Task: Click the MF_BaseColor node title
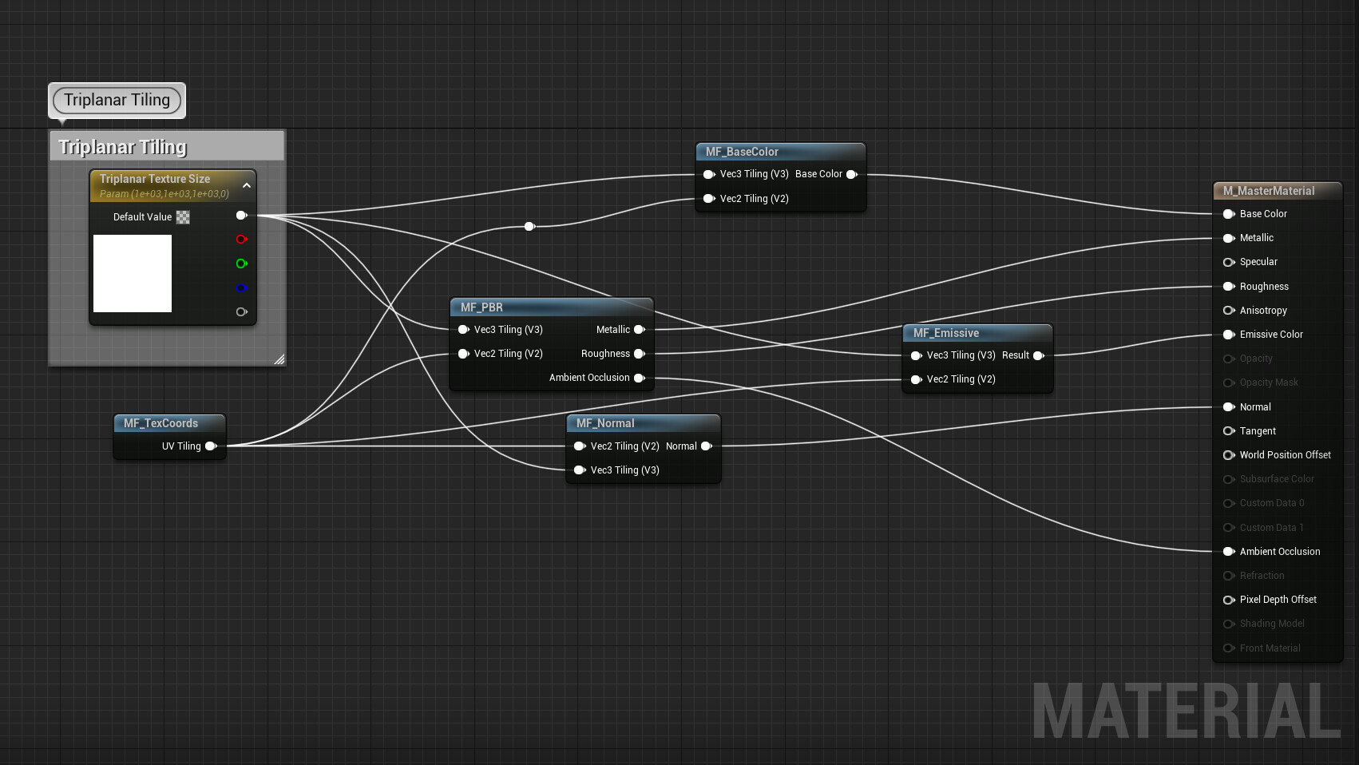[x=742, y=152]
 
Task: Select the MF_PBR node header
[x=481, y=307]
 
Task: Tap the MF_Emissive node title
[x=946, y=333]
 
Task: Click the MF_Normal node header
[x=605, y=423]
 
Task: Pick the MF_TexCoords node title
[x=160, y=423]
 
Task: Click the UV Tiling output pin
[x=211, y=446]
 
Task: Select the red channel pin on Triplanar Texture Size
[x=241, y=240]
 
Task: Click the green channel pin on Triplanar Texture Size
[x=241, y=264]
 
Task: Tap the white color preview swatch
[x=133, y=273]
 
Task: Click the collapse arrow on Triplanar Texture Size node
[x=247, y=185]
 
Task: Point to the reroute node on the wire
[x=529, y=227]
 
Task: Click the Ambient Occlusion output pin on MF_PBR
[x=639, y=378]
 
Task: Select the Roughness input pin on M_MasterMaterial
[x=1229, y=287]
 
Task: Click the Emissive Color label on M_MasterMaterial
[x=1271, y=335]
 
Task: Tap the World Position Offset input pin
[x=1229, y=455]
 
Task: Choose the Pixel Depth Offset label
[x=1278, y=600]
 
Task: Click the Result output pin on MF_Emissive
[x=1038, y=355]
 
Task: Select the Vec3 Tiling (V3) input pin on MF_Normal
[x=580, y=470]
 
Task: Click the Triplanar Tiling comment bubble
[x=117, y=101]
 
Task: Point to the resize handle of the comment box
[x=279, y=359]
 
